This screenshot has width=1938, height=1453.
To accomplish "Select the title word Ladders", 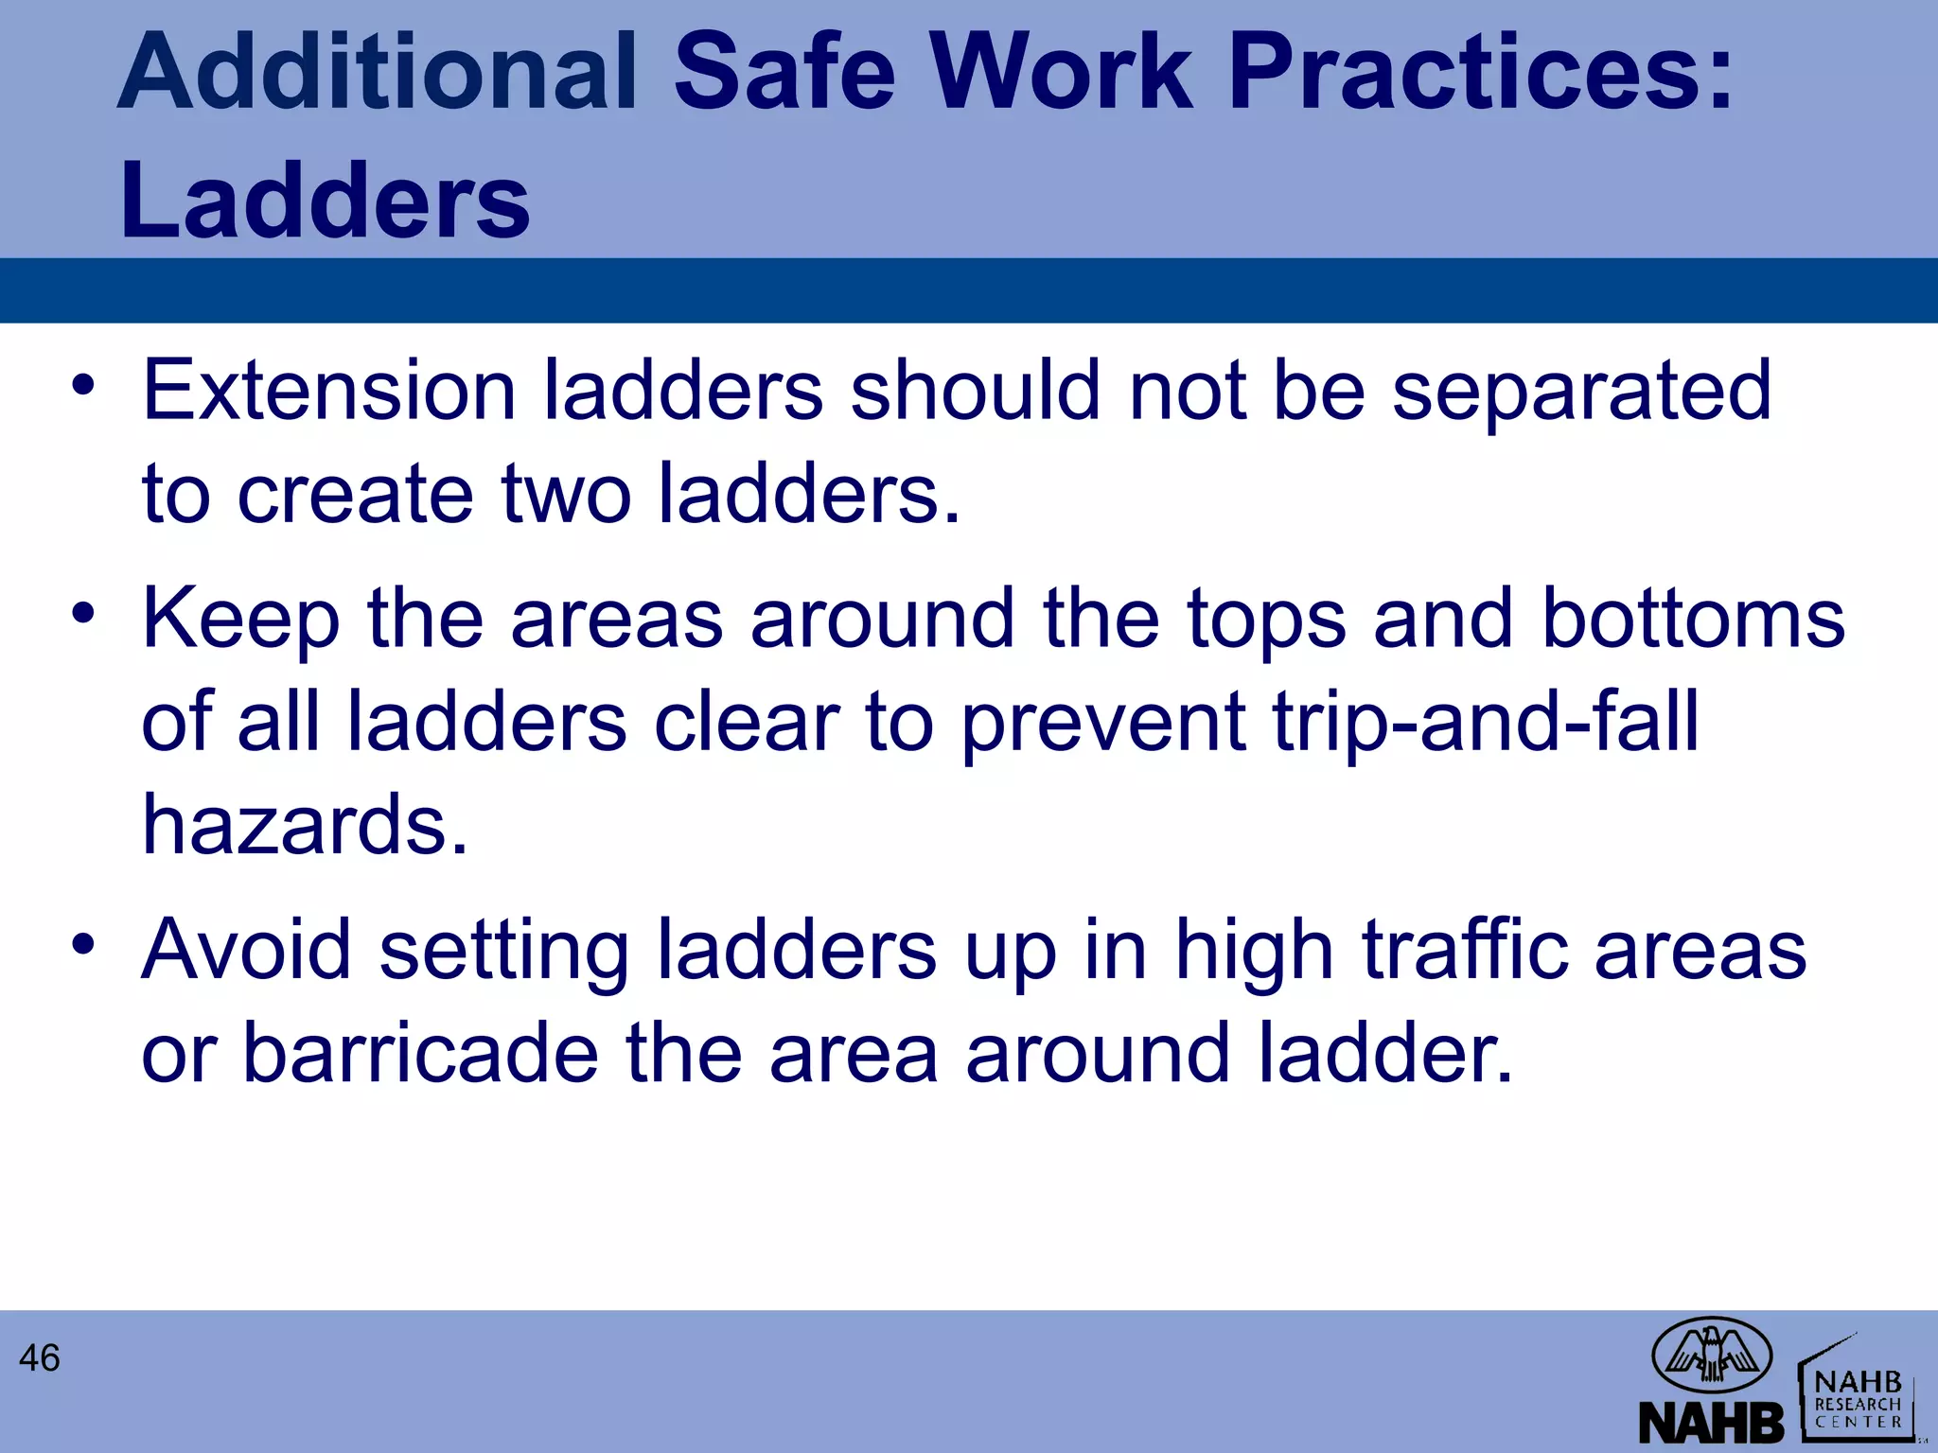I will coord(325,201).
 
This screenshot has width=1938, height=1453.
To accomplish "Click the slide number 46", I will coord(39,1358).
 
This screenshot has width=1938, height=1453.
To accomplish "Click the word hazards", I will coord(305,825).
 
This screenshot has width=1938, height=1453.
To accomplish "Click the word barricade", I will coord(420,1053).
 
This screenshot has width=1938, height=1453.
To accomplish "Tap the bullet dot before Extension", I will coord(83,385).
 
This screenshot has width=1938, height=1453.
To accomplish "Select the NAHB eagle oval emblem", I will coord(1712,1355).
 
